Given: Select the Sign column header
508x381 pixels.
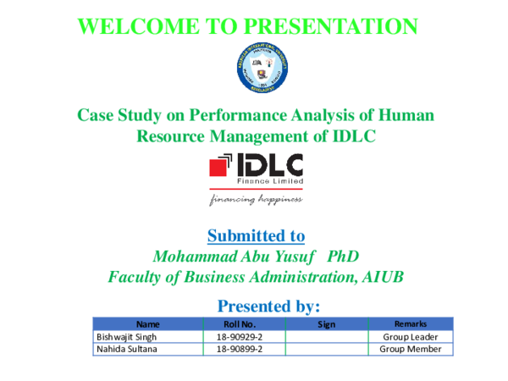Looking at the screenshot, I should coord(326,323).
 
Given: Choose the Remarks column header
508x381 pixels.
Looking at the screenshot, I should coord(410,323).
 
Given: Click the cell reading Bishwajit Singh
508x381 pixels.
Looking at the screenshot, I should coord(125,336).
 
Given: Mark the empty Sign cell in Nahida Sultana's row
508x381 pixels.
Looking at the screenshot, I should coord(326,348).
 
